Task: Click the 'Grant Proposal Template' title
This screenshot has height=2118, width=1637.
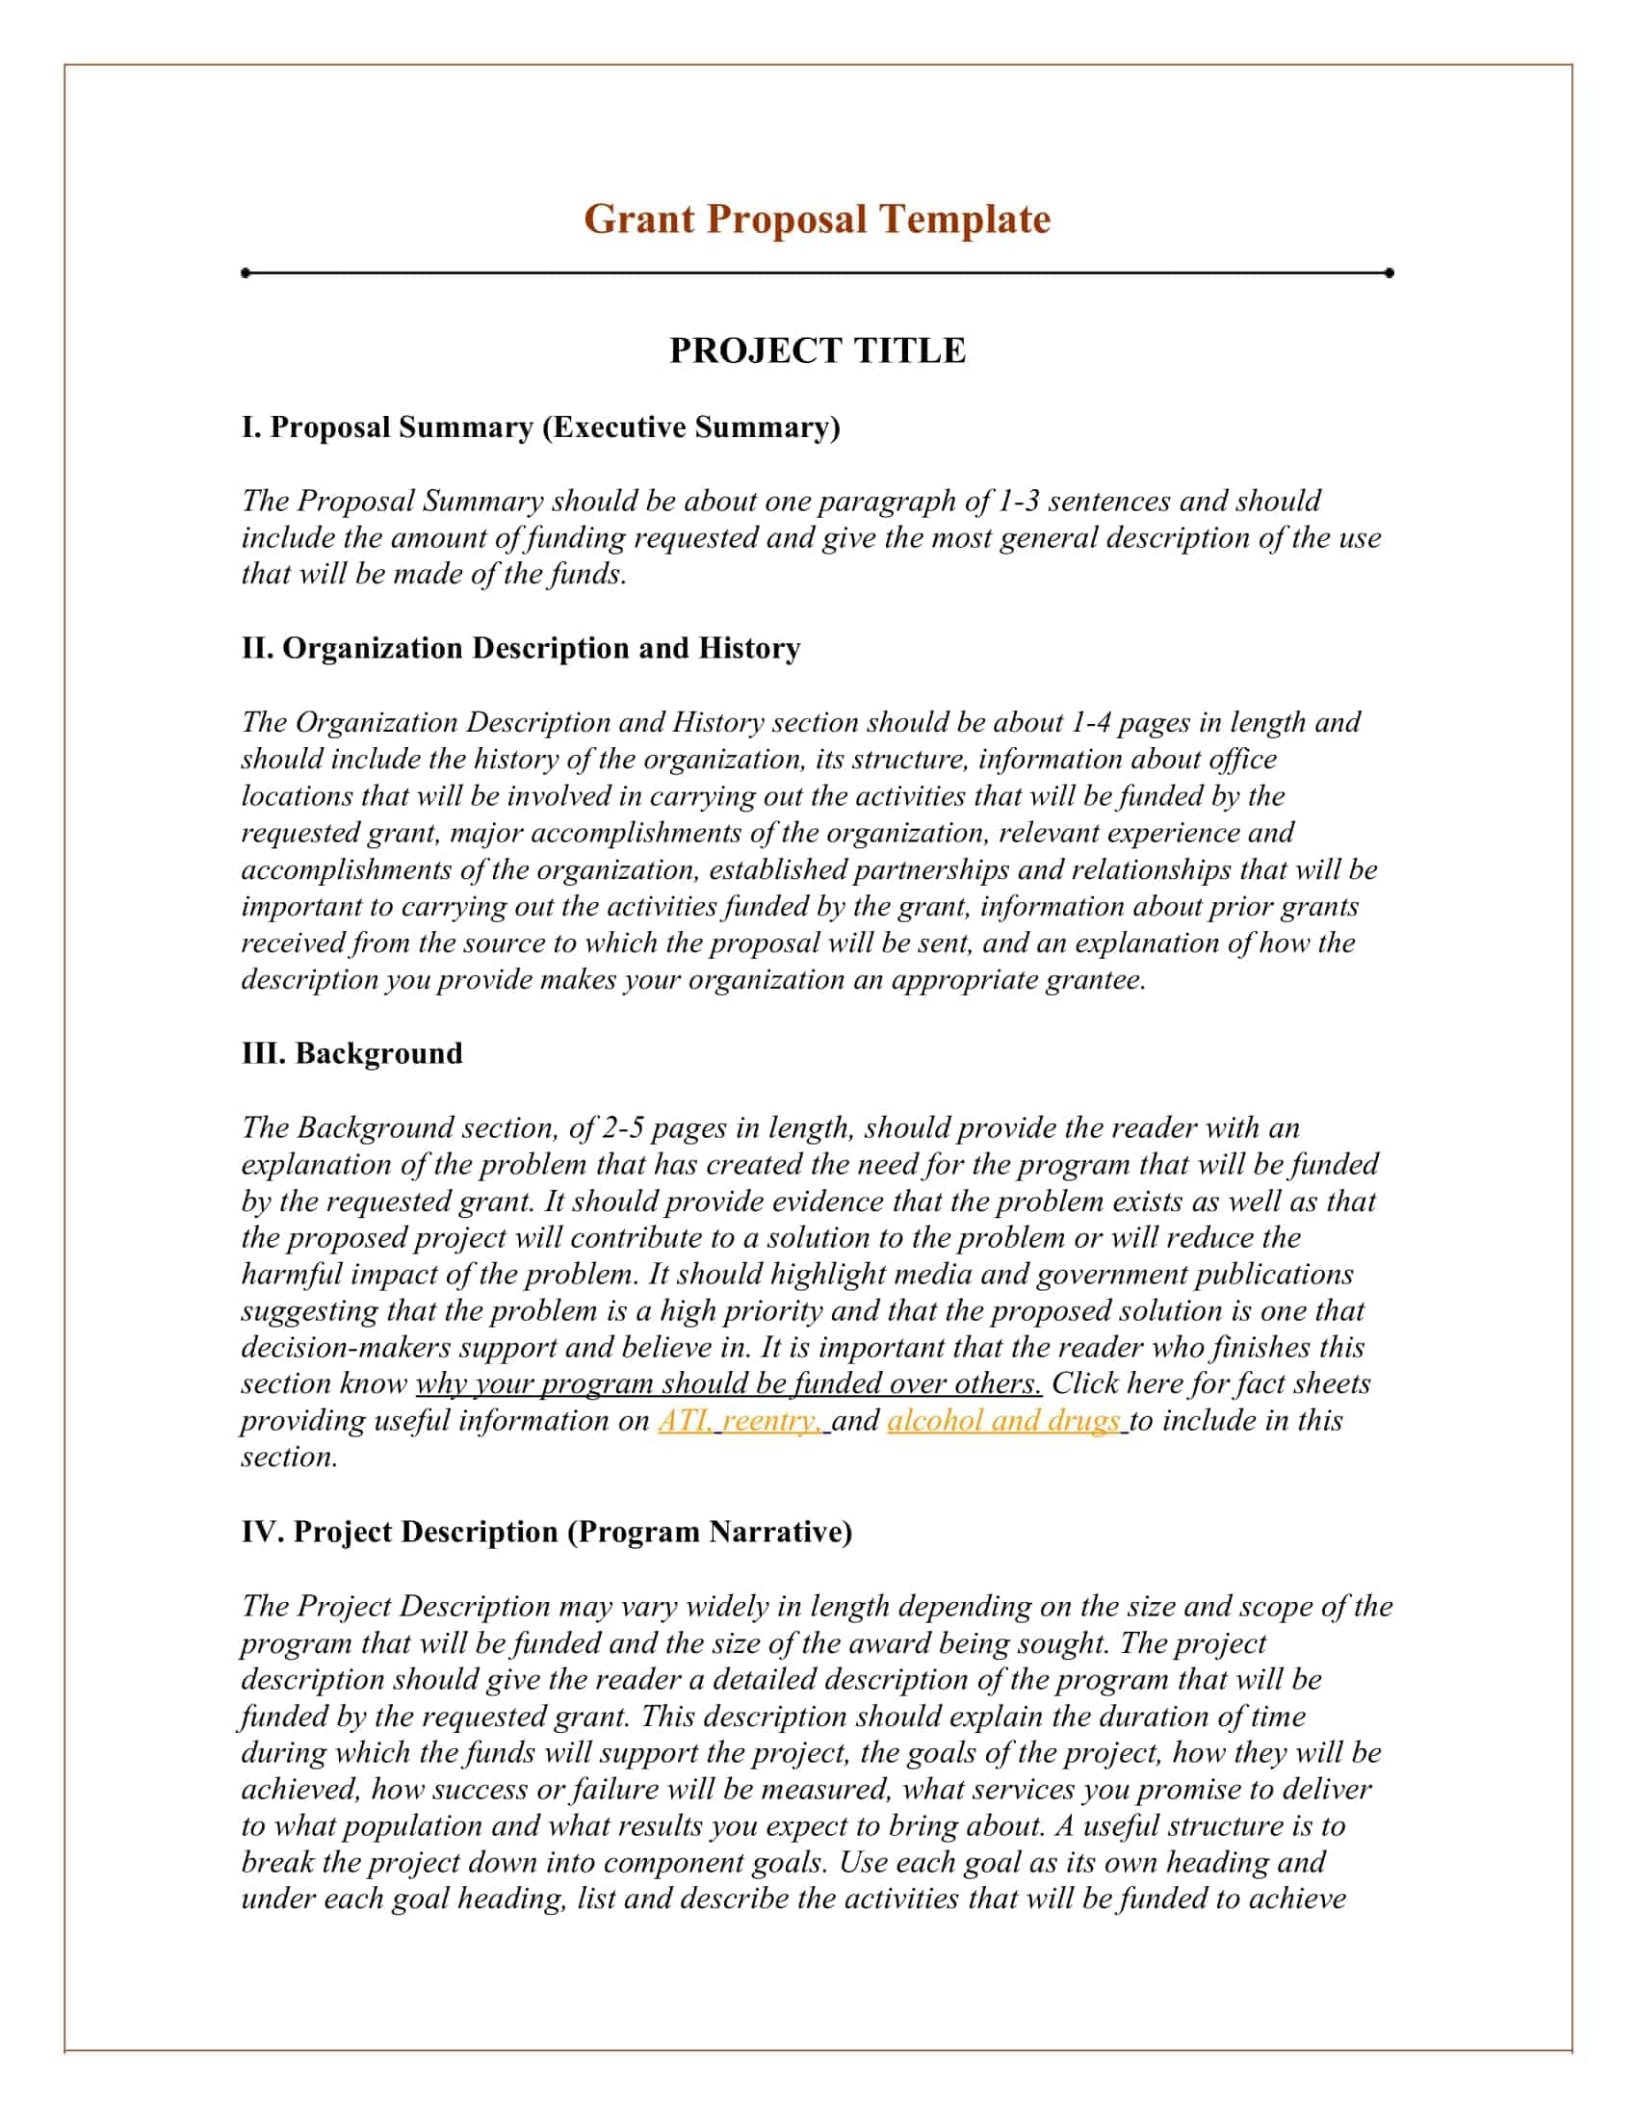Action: (817, 220)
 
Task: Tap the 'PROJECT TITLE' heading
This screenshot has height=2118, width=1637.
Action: (817, 350)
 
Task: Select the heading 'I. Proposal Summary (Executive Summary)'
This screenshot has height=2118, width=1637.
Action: (540, 426)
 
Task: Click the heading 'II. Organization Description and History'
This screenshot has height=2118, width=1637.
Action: (521, 648)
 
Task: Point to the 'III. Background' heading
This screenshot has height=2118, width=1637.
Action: (352, 1053)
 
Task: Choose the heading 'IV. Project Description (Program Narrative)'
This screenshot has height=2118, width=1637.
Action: (547, 1533)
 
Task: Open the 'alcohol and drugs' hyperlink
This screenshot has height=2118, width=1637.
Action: (1003, 1421)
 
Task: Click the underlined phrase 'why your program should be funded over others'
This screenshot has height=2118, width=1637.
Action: (728, 1383)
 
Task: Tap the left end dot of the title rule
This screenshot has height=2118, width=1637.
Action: (247, 272)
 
